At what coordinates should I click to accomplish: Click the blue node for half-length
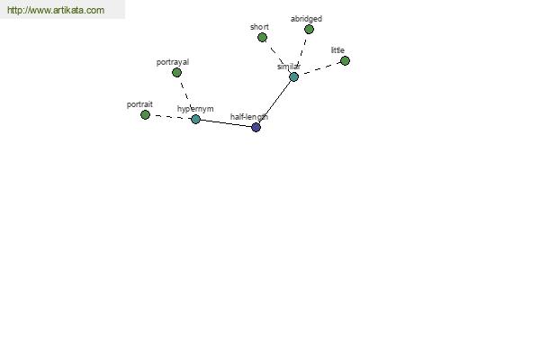tap(256, 127)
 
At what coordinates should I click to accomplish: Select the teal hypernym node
tap(195, 119)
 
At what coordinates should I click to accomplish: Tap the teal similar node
tap(293, 76)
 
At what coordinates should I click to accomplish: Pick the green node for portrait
tap(145, 114)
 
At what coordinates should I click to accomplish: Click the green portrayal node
tap(176, 72)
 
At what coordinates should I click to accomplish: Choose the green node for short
tap(262, 37)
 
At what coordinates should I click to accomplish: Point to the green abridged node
tap(309, 30)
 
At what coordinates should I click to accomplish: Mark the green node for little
tap(345, 61)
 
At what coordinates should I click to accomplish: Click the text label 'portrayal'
tap(173, 62)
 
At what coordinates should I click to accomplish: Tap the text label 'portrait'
tap(139, 104)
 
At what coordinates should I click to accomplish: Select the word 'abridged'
tap(306, 19)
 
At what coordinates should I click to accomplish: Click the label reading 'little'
tap(337, 50)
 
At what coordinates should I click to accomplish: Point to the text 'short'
tap(259, 27)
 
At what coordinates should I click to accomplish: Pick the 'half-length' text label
tap(249, 117)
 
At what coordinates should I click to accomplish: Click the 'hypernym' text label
tap(195, 109)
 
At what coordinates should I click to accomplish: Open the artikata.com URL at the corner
tap(56, 10)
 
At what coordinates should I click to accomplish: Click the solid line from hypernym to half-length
tap(226, 123)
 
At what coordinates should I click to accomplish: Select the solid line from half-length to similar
tap(274, 102)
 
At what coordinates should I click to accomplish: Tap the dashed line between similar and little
tap(319, 69)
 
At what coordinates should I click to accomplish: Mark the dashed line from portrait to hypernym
tap(170, 117)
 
